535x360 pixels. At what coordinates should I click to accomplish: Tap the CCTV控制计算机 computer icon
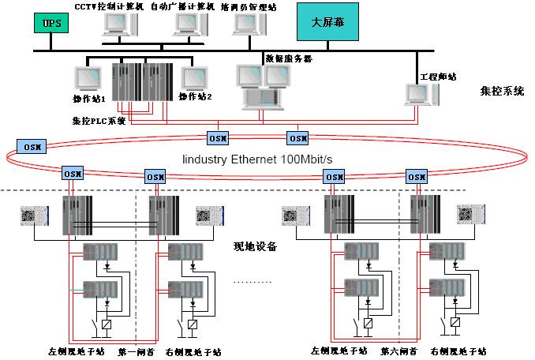(x=119, y=26)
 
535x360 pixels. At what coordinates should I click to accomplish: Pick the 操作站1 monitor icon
(x=87, y=79)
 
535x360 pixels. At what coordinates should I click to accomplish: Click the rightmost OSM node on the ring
(x=415, y=174)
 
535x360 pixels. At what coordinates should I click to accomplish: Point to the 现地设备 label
(x=256, y=246)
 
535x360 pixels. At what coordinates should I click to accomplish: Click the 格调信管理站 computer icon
(x=246, y=25)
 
